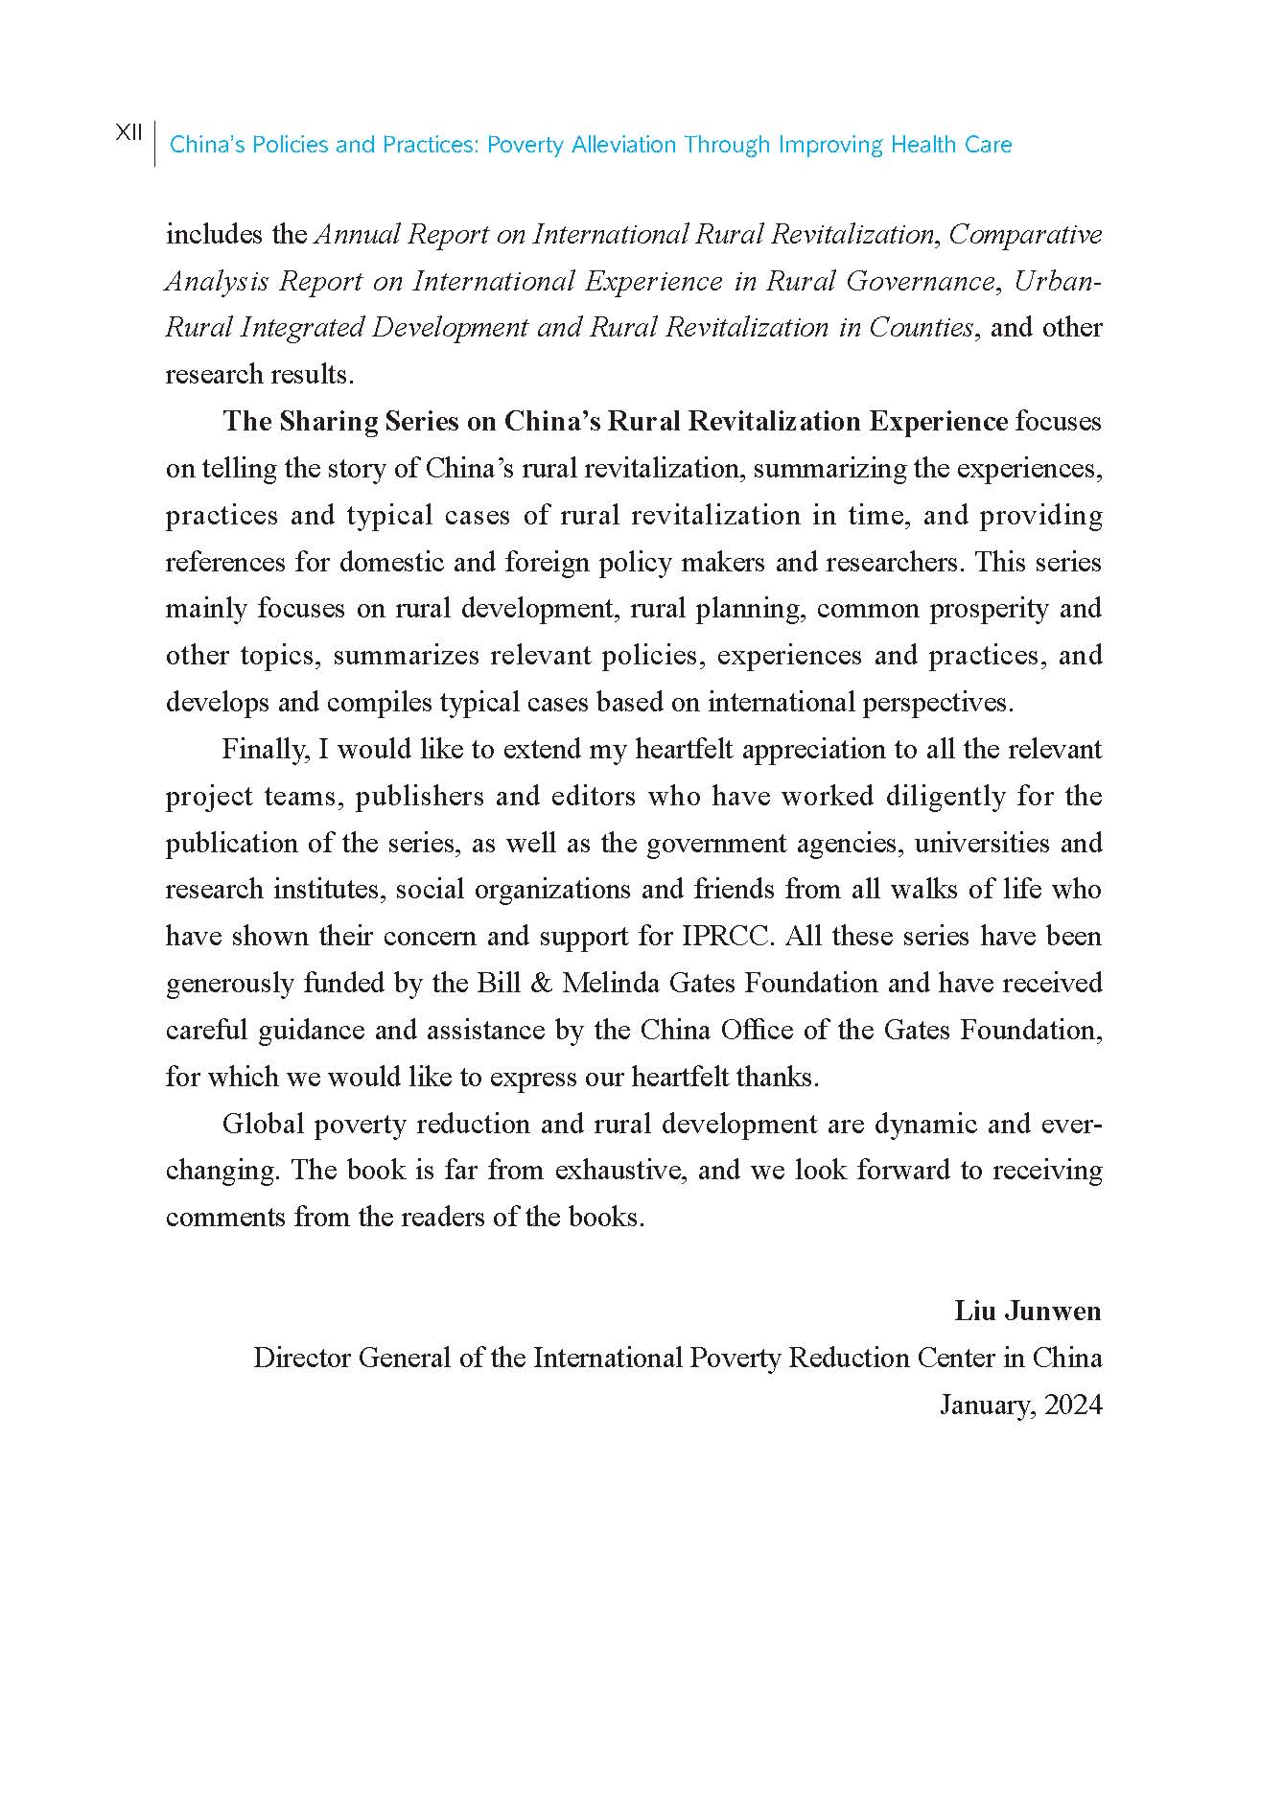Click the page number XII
(128, 133)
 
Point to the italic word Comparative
(1025, 234)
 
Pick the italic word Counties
(921, 328)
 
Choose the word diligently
(945, 797)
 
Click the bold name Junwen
(1055, 1312)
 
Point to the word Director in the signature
(300, 1359)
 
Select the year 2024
(1073, 1405)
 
